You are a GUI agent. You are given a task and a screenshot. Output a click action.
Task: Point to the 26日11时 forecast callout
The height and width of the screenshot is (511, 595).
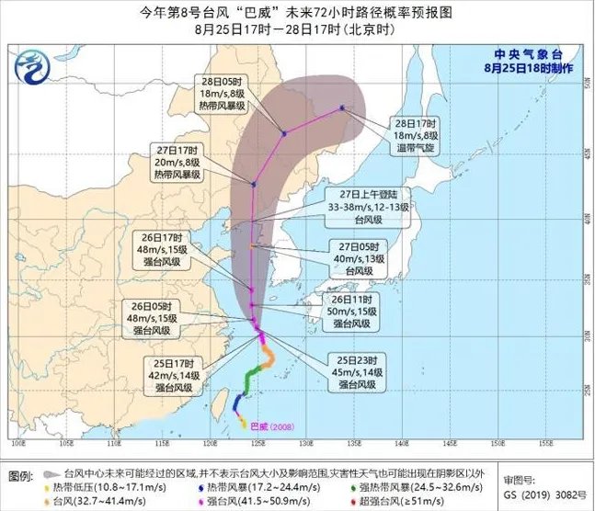pos(353,312)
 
